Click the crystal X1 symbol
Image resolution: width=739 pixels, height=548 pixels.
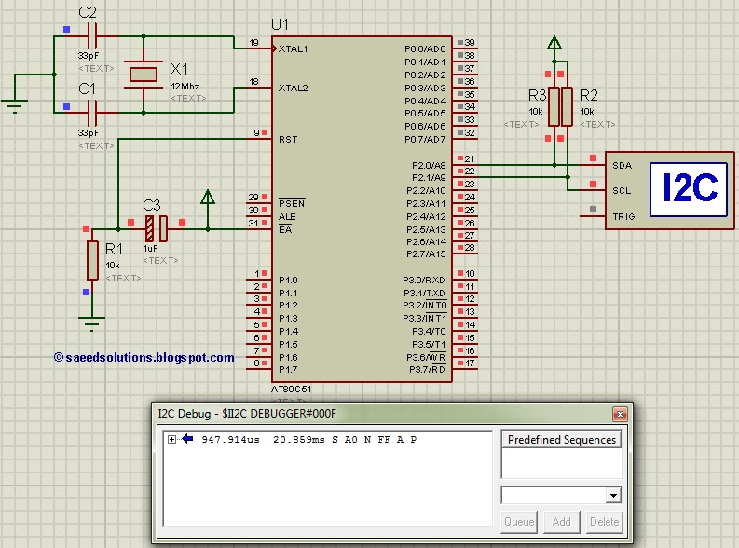144,74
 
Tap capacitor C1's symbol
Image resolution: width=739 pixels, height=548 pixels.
91,113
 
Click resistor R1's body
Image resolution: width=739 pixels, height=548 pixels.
91,259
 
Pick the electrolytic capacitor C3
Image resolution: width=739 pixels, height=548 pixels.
156,227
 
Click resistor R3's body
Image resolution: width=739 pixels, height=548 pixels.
554,106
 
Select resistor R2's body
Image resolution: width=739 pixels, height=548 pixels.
566,106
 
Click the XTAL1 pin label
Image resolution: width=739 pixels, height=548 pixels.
293,48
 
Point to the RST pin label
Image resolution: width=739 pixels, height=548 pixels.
288,139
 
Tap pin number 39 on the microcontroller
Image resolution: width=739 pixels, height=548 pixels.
470,43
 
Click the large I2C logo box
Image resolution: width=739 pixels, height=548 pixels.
689,189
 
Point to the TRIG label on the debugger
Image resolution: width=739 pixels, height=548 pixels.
623,216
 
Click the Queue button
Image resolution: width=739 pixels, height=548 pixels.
519,522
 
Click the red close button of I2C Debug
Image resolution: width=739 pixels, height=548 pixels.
618,414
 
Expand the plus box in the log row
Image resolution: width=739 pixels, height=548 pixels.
171,439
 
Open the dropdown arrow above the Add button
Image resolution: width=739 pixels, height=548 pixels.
612,496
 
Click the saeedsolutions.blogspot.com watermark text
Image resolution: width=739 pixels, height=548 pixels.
144,357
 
